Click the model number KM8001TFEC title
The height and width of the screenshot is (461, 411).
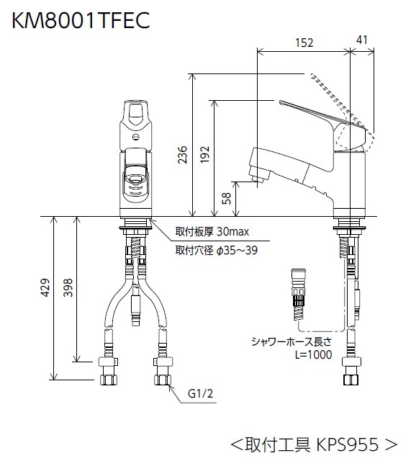[81, 20]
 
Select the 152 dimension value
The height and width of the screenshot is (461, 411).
[304, 43]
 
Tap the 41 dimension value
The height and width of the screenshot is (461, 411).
[361, 40]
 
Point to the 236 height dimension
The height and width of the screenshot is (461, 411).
[182, 154]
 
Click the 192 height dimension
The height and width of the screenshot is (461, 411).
[204, 154]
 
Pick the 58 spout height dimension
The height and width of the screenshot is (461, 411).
[227, 199]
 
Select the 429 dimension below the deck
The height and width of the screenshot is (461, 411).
[45, 287]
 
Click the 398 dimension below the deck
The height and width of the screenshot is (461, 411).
[68, 287]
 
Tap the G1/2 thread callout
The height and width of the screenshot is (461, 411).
[200, 393]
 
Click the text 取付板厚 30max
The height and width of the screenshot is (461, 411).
[212, 232]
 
